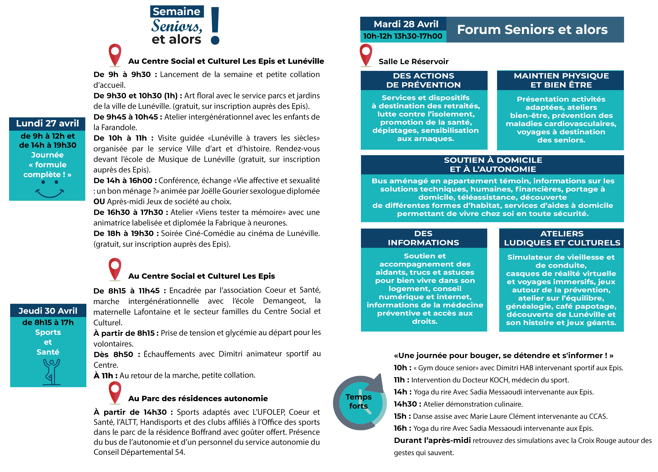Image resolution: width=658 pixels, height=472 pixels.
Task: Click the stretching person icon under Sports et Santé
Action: tap(51, 372)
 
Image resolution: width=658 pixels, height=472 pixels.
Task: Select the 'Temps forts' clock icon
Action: tap(359, 402)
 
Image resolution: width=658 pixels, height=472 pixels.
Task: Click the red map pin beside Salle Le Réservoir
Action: tap(366, 55)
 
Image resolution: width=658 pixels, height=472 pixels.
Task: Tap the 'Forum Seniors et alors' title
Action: tap(532, 30)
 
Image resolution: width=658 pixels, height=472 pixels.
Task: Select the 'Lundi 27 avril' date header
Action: tap(47, 123)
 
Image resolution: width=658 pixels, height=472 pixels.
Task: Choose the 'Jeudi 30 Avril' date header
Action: tap(48, 311)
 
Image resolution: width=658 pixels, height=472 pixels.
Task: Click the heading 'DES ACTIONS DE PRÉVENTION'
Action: tap(424, 80)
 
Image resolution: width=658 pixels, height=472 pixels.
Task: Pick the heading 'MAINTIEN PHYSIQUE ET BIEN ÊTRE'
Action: tap(561, 80)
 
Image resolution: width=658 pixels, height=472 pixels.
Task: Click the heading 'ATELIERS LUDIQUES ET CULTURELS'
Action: tap(562, 238)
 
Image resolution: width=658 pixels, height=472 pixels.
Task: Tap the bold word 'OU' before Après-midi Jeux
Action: tap(99, 202)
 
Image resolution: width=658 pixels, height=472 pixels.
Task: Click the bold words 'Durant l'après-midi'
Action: tap(432, 440)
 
